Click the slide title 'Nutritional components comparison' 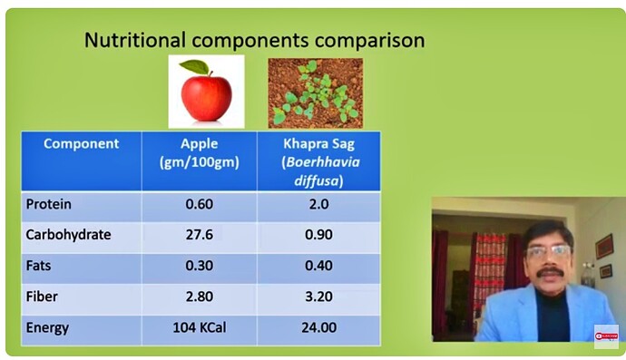(254, 41)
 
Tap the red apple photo (206, 92)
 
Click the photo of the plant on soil (315, 92)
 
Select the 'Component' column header (82, 143)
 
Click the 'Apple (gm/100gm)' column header (199, 151)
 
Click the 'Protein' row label (49, 204)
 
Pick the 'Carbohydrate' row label (69, 235)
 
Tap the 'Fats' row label (41, 266)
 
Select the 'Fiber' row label (43, 297)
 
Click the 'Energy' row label (48, 327)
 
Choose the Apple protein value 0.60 (199, 204)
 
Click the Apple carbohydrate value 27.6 (199, 235)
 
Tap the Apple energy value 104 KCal (200, 327)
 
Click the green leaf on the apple (193, 67)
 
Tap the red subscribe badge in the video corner (605, 336)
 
